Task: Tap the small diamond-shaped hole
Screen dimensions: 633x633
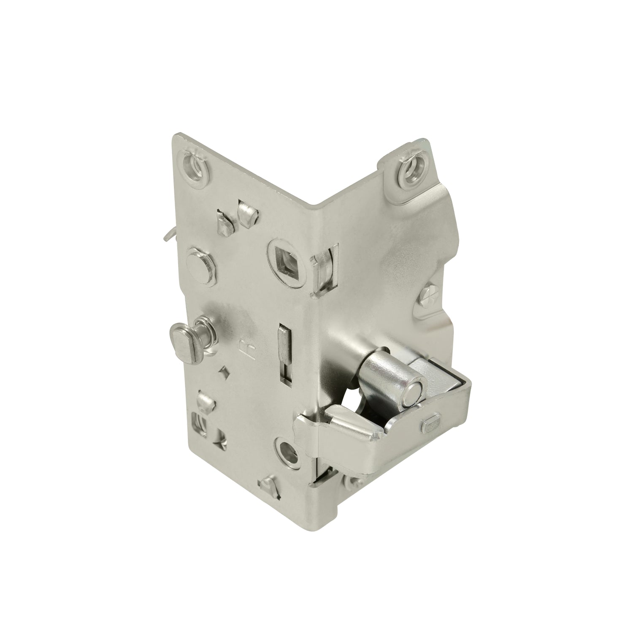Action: [x=224, y=370]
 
